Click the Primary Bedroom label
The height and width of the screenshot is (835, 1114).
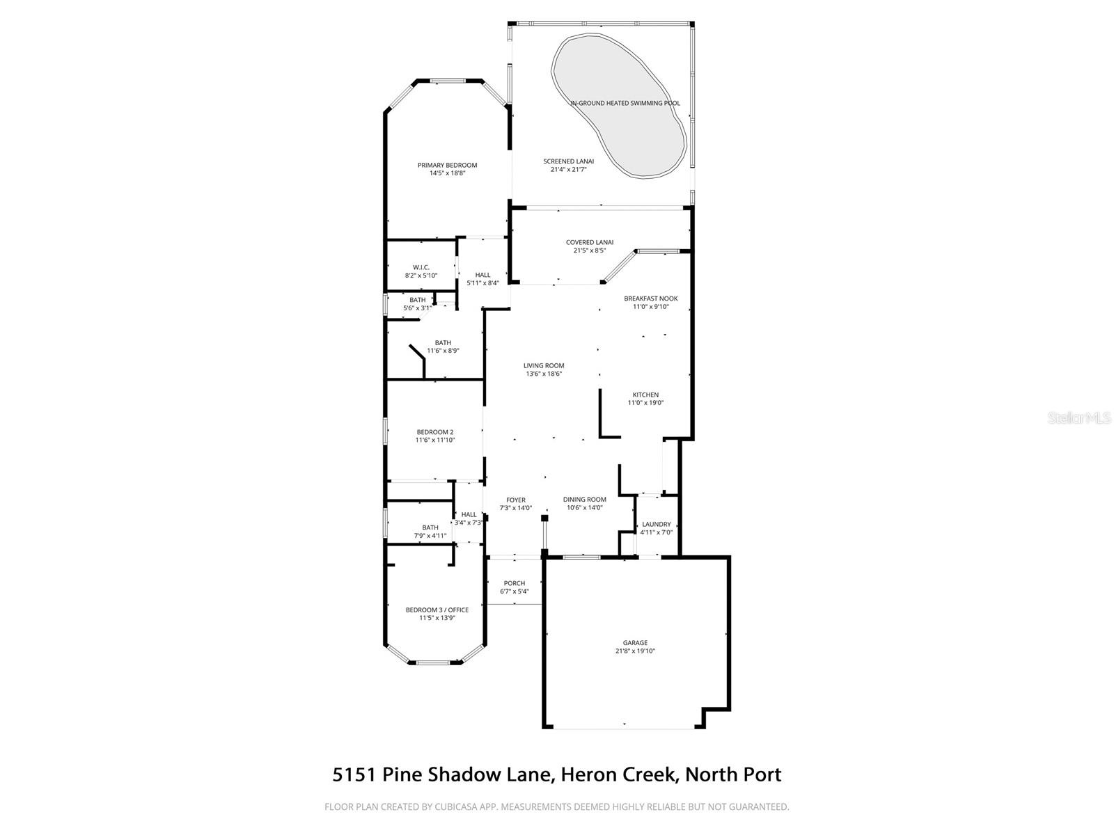tap(447, 166)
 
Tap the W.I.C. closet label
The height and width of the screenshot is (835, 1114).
tap(421, 267)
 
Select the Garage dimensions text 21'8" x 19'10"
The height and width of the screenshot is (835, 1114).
tap(635, 651)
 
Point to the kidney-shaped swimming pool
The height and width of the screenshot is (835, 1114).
tap(618, 104)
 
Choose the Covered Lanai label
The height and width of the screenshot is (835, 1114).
tap(589, 242)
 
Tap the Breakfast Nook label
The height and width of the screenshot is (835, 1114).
tap(650, 299)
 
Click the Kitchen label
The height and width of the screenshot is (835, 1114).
tap(645, 395)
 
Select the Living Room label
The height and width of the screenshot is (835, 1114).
tap(544, 365)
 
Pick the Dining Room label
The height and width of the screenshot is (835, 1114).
tap(584, 500)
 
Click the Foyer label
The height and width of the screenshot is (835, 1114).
tap(516, 500)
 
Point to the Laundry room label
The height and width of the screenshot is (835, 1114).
tap(656, 525)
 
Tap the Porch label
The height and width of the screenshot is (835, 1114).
tap(515, 583)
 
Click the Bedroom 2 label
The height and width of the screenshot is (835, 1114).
tap(435, 432)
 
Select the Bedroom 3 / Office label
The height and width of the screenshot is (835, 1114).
tap(437, 610)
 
